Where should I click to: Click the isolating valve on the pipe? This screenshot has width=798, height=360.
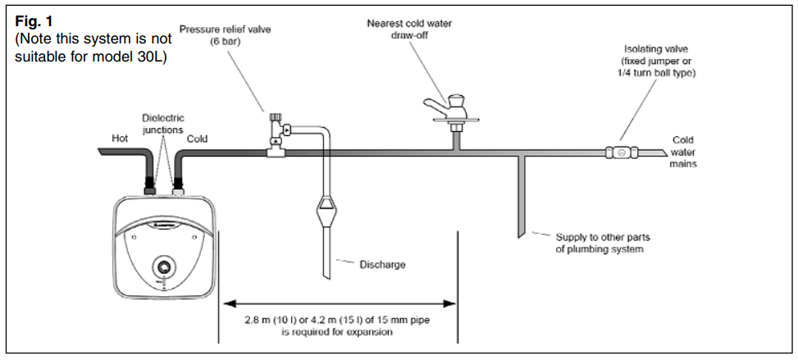click(622, 153)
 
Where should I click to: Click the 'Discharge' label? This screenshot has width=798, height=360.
click(382, 264)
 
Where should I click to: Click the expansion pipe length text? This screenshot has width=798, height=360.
click(338, 327)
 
